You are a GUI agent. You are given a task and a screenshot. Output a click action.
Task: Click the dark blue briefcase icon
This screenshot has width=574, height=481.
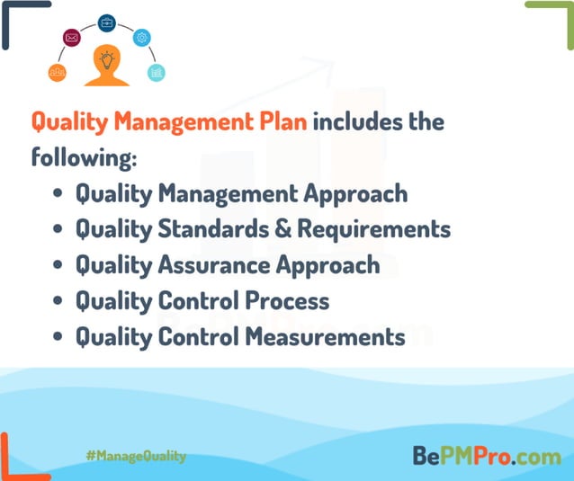[107, 22]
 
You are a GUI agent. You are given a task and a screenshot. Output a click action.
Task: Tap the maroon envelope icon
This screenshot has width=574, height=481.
[72, 38]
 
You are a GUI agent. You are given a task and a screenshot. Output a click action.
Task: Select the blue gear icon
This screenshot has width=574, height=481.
[142, 38]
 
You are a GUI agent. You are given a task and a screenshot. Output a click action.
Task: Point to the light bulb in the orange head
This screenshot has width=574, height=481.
[107, 60]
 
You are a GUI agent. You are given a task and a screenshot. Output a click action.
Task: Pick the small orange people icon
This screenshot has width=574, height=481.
[57, 73]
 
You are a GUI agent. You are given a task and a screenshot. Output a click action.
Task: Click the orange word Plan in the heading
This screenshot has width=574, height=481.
[285, 122]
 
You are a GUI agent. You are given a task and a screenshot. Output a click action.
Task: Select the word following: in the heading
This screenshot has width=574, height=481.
[84, 158]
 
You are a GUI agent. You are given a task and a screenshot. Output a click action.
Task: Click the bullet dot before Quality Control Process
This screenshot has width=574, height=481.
[58, 302]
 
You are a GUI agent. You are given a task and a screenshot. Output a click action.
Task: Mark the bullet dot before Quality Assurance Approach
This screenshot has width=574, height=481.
[58, 266]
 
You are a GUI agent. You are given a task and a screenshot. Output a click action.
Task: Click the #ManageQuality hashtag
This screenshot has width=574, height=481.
[136, 456]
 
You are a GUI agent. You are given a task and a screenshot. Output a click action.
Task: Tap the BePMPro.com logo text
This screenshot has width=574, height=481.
[487, 456]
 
